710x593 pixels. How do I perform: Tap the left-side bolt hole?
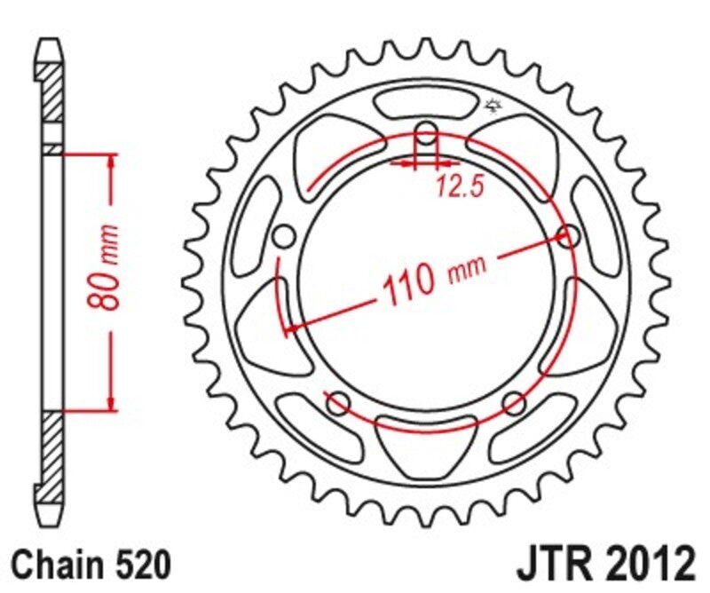[x=284, y=237]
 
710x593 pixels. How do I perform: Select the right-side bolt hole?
[x=568, y=236]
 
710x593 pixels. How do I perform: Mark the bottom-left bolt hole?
[x=338, y=405]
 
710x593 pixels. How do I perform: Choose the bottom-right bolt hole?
[x=513, y=405]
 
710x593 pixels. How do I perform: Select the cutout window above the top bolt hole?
[x=426, y=102]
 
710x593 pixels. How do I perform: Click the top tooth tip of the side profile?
[x=51, y=43]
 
